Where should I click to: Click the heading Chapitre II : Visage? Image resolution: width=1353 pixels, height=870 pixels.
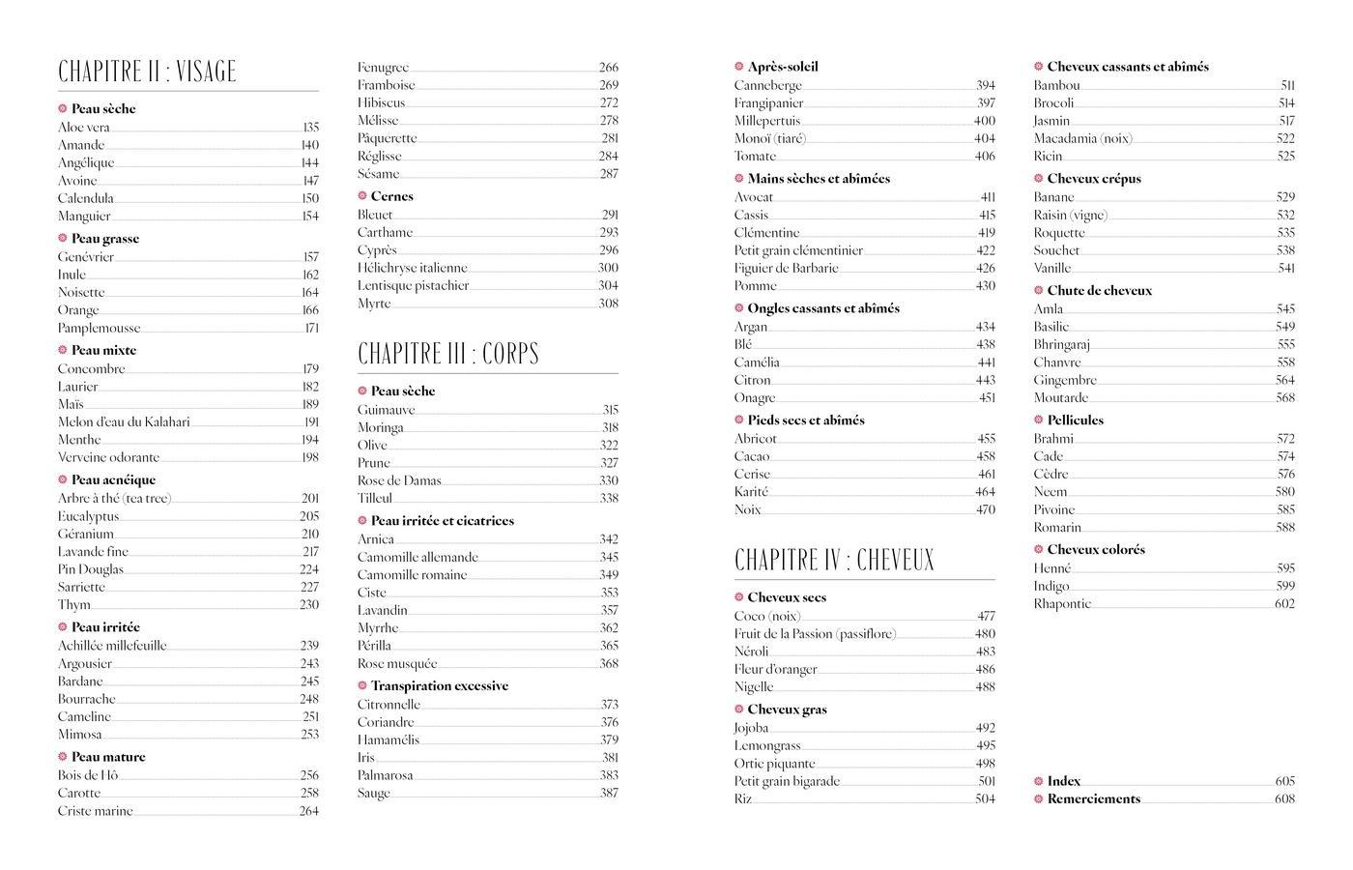pos(147,72)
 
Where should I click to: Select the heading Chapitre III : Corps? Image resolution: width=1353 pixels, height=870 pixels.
pos(448,354)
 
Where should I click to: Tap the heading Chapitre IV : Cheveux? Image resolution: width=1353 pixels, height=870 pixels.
pos(834,561)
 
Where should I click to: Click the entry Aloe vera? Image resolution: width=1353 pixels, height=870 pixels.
pos(84,128)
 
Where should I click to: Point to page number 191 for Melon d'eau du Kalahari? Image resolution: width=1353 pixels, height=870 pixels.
pos(311,422)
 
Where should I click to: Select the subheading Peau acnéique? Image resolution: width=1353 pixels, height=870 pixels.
pos(113,480)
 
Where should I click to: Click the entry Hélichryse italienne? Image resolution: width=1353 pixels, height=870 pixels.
pos(413,269)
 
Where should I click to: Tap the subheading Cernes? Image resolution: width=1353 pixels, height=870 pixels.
pos(391,196)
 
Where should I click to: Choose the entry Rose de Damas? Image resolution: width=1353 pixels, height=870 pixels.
pos(399,481)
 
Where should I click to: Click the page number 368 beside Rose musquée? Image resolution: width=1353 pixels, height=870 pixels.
pos(609,664)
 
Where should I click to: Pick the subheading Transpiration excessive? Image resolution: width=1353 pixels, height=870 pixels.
pos(439,686)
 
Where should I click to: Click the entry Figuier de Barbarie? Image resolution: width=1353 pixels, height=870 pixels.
pos(786,269)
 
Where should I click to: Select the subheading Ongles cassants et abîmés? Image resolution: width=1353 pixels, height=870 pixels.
pos(823,309)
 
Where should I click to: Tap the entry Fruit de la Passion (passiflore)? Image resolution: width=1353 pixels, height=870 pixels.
pos(815,635)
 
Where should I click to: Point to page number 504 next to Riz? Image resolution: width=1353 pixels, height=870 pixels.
pos(985,799)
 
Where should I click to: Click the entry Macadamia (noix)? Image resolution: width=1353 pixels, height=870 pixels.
pos(1082,139)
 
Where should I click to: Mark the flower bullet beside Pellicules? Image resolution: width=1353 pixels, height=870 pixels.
pos(1039,420)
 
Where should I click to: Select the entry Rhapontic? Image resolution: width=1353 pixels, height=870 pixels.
pos(1062,604)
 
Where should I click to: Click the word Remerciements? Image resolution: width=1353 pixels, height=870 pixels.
pos(1093,799)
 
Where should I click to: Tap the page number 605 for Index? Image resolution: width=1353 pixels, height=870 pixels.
pos(1284,782)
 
